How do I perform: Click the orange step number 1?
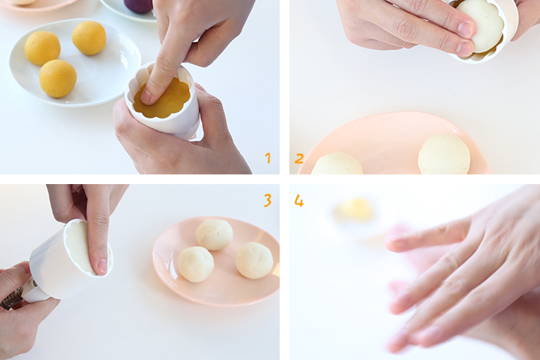[x=268, y=158]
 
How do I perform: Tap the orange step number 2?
[x=299, y=158]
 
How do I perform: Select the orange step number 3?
[x=268, y=200]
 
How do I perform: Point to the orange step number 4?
[x=299, y=200]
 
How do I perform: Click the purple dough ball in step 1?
[x=139, y=6]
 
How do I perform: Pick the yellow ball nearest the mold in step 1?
[x=58, y=78]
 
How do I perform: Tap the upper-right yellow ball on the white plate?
[x=89, y=38]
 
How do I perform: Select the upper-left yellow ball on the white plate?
[x=43, y=48]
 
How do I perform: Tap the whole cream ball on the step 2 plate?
[x=444, y=154]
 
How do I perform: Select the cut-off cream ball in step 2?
[x=337, y=164]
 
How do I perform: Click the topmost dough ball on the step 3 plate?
[x=214, y=234]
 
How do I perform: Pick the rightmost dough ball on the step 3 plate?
[x=254, y=260]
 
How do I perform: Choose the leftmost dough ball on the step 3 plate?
[x=195, y=264]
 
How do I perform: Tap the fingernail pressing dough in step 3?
[x=103, y=267]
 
